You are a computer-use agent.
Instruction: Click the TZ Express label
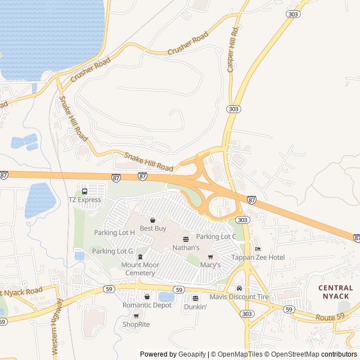[85, 200]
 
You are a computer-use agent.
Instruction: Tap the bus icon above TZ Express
[84, 191]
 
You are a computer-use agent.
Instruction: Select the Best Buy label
[153, 228]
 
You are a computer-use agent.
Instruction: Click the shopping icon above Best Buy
[152, 220]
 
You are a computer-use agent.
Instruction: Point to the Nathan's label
[186, 247]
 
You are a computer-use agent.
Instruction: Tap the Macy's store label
[210, 265]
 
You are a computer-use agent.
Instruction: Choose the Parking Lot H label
[114, 232]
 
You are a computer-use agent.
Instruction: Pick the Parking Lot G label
[112, 251]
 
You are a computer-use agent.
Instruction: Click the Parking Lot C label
[217, 237]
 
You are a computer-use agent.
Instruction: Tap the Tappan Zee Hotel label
[258, 258]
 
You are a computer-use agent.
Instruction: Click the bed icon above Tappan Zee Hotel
[258, 249]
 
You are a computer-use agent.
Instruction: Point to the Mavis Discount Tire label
[239, 297]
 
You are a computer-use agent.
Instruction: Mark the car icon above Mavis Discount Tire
[239, 289]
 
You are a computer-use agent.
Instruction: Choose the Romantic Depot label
[147, 305]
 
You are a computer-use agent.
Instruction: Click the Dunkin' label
[196, 307]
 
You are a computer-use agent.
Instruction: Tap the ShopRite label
[136, 325]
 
